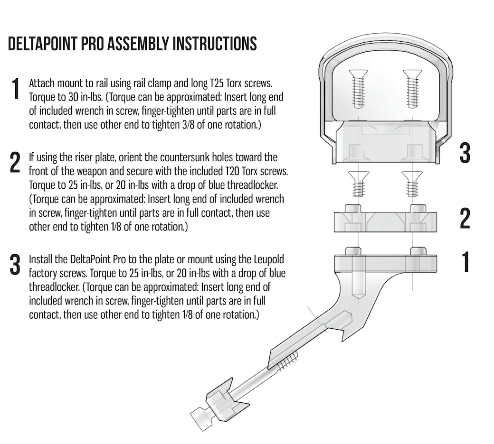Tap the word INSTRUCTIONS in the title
(215, 44)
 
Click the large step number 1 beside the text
(15, 89)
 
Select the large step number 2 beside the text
(15, 162)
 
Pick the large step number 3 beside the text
(15, 264)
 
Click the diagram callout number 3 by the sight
(465, 153)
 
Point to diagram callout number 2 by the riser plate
(465, 218)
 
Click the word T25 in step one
(217, 83)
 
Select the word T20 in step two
(232, 171)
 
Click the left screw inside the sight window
(358, 89)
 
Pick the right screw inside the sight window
(412, 89)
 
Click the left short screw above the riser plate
(358, 184)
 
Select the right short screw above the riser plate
(412, 184)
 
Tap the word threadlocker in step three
(55, 287)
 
